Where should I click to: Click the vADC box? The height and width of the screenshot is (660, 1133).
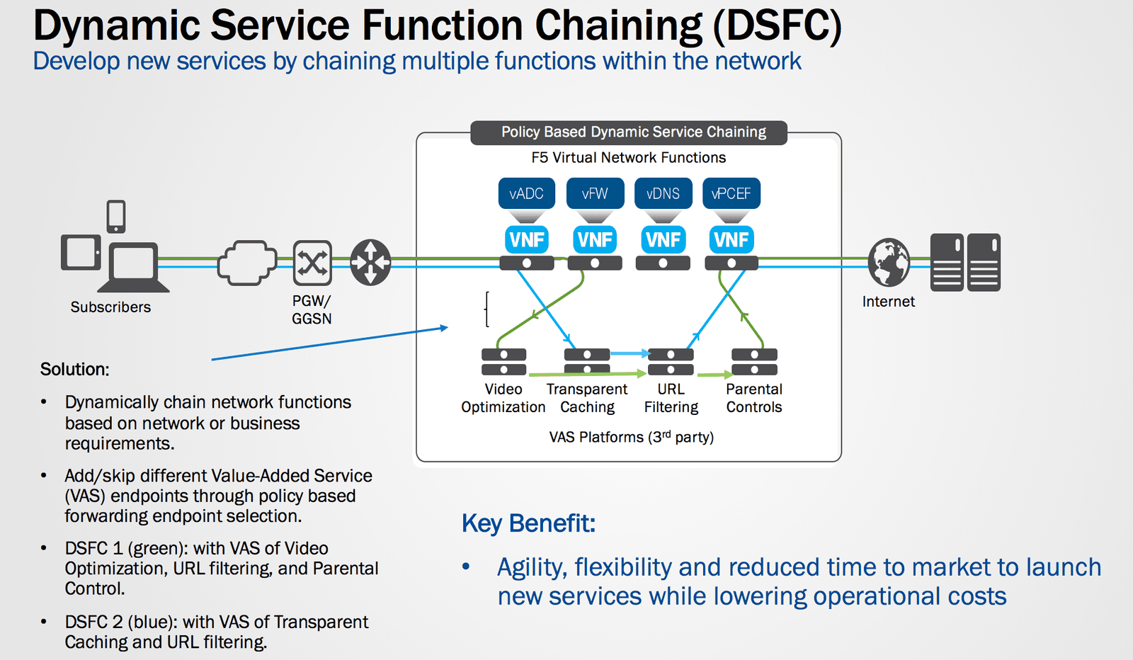(526, 193)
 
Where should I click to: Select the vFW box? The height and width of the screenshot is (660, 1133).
(595, 193)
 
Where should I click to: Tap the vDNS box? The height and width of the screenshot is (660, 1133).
(663, 193)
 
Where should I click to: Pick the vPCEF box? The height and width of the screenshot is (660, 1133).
(731, 193)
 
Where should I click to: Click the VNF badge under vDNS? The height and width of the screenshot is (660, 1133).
(663, 240)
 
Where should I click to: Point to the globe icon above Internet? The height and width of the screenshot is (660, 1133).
(889, 262)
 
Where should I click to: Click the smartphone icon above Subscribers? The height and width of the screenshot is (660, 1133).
(116, 216)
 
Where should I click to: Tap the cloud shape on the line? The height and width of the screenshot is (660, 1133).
(246, 263)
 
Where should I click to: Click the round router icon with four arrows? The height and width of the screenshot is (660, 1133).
(371, 262)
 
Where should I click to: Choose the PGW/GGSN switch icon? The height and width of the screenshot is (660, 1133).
(312, 263)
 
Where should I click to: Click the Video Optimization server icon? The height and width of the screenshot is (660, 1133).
(503, 361)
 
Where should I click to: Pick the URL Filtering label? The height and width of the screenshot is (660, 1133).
(671, 398)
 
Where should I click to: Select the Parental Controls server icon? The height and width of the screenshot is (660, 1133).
(754, 361)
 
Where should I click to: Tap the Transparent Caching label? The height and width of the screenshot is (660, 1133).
(587, 398)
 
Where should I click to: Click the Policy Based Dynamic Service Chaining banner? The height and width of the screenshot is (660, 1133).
(629, 132)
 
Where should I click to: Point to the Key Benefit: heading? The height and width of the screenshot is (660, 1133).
(528, 523)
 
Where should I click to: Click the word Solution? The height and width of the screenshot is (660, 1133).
(74, 369)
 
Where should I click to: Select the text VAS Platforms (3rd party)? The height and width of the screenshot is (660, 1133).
(631, 437)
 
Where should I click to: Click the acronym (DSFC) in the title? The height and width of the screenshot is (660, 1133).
(777, 25)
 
